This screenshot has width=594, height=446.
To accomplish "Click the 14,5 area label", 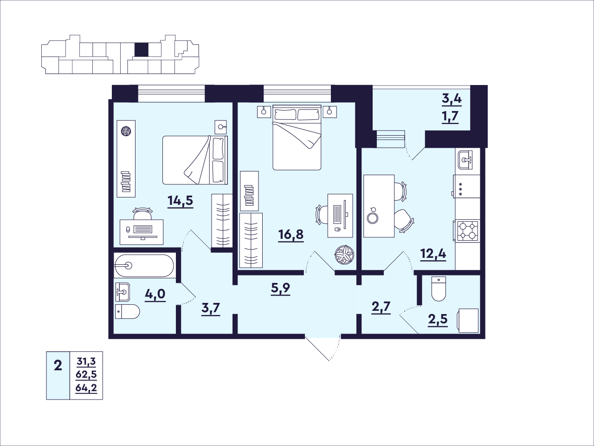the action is pyautogui.click(x=180, y=201).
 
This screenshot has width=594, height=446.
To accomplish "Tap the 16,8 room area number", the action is pyautogui.click(x=291, y=234).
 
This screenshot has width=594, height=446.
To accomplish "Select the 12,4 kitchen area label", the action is pyautogui.click(x=433, y=254).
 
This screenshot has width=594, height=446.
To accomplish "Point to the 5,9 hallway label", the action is pyautogui.click(x=280, y=289).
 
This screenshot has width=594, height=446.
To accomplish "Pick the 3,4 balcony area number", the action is pyautogui.click(x=452, y=99).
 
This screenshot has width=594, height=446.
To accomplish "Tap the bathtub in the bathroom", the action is pyautogui.click(x=144, y=266).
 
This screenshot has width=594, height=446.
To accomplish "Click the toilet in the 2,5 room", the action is pyautogui.click(x=439, y=289).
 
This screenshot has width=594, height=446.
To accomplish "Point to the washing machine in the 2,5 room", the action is pyautogui.click(x=467, y=321).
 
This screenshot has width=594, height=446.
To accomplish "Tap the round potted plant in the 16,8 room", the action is pyautogui.click(x=344, y=255).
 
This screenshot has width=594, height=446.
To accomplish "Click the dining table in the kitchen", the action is pyautogui.click(x=379, y=206).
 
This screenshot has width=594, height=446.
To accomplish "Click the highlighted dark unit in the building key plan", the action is pyautogui.click(x=142, y=50).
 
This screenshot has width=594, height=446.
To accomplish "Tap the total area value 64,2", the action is pyautogui.click(x=86, y=388).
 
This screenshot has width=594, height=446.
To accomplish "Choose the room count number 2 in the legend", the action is pyautogui.click(x=58, y=366).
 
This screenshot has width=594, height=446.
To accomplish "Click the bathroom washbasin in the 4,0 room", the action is pyautogui.click(x=123, y=292).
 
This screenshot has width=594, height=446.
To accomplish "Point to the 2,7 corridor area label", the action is pyautogui.click(x=381, y=308).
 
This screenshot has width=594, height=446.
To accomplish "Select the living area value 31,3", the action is pyautogui.click(x=86, y=361).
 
